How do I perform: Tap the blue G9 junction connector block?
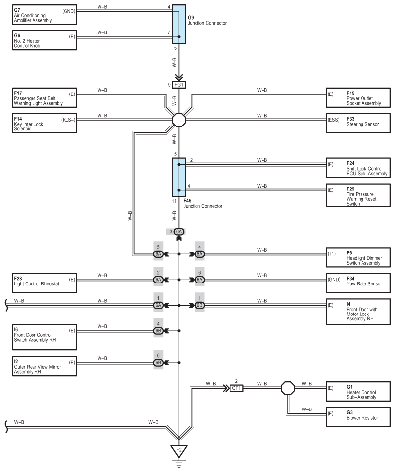point(179,24)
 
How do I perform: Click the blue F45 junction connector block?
point(179,177)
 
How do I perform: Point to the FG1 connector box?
point(179,85)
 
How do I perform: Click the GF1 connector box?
point(236,388)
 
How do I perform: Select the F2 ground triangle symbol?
point(179,451)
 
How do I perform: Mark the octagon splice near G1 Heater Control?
point(288,388)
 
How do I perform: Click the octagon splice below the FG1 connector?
point(179,120)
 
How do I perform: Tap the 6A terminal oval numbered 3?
point(179,232)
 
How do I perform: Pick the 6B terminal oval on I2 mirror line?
point(158,363)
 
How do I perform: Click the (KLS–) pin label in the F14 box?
point(68,120)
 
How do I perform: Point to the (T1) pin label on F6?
point(332,254)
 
